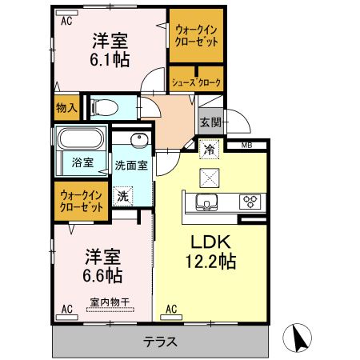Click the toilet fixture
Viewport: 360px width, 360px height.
(105, 108)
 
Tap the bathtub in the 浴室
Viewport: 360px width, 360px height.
(81, 138)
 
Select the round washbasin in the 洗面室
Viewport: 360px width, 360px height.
(139, 141)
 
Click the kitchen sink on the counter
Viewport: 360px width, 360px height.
(206, 202)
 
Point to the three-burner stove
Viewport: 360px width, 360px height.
(250, 202)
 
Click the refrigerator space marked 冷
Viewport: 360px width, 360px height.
(210, 150)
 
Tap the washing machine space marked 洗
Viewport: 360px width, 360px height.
(122, 196)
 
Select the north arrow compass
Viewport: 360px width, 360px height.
(297, 338)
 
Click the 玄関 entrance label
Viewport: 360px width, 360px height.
(211, 122)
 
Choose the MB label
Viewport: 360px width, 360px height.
(246, 146)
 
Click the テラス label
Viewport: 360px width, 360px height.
(160, 342)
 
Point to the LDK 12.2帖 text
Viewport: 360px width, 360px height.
(210, 251)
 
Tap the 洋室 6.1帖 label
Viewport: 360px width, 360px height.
(110, 50)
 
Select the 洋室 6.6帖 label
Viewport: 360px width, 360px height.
(102, 266)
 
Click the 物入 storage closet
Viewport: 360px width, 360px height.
(66, 108)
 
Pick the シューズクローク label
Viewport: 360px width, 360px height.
(196, 82)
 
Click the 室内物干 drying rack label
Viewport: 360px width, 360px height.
(110, 302)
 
